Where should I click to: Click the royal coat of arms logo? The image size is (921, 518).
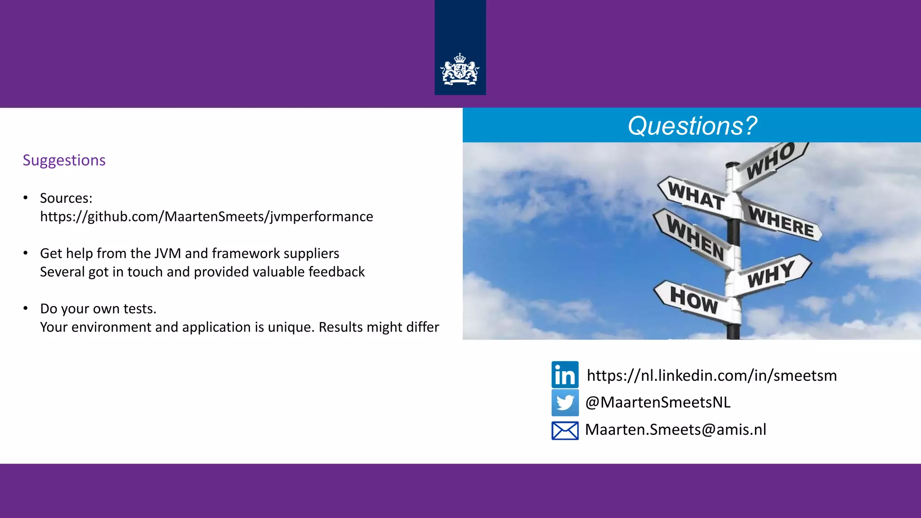pos(460,70)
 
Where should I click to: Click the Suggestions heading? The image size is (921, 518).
pos(64,160)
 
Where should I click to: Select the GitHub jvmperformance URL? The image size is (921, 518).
pos(206,216)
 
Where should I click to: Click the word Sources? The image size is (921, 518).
pos(65,198)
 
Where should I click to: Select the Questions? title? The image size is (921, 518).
pos(692,125)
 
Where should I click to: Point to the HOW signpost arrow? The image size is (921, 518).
pos(694,300)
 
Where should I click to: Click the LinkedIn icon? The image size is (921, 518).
pos(565,375)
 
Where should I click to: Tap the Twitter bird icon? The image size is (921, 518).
pos(565,402)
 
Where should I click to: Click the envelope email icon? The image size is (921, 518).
pos(565,430)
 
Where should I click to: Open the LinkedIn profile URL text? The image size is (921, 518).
pos(711,375)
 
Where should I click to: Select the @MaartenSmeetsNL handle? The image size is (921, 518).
pos(657,402)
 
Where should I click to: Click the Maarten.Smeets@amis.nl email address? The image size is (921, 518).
pos(675,429)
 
